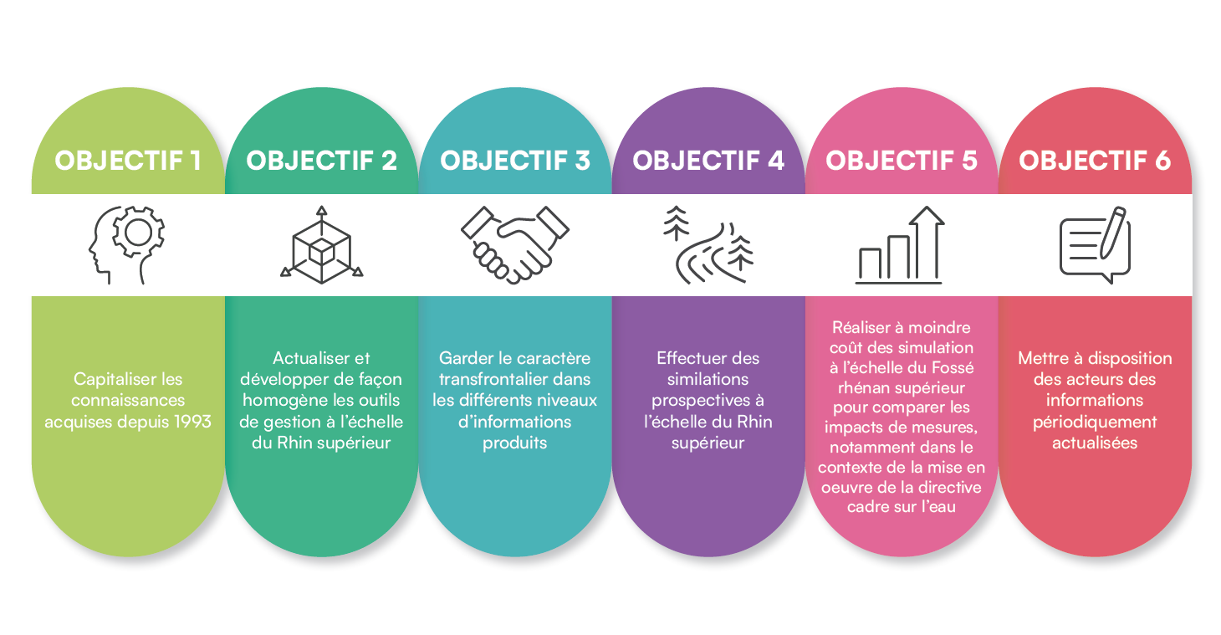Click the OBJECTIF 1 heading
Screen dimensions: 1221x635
(x=128, y=161)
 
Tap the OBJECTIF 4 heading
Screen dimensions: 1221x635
(x=708, y=161)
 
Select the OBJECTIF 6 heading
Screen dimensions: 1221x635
(x=1095, y=161)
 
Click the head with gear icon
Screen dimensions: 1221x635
(x=126, y=245)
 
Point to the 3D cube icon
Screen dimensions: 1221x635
(x=322, y=245)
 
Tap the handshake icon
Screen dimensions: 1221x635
(x=515, y=245)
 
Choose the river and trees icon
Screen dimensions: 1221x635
(x=708, y=245)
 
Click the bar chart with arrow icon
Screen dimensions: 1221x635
(x=899, y=245)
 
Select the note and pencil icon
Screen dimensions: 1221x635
(x=1095, y=245)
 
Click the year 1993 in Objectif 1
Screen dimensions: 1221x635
(x=192, y=422)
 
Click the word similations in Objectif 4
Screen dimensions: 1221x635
(x=708, y=379)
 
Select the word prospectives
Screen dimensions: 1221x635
(x=701, y=401)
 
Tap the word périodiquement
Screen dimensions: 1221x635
(x=1095, y=422)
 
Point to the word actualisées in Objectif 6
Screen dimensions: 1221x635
(x=1095, y=443)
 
